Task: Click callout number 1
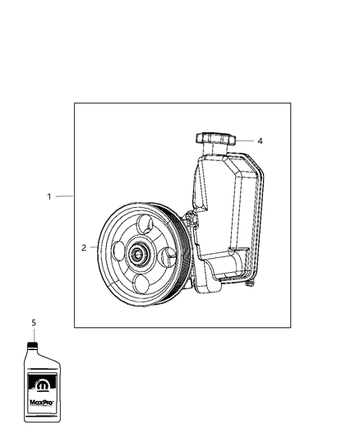pos(49,196)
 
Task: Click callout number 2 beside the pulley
pos(84,247)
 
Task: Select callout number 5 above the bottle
pos(34,323)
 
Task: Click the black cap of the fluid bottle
pos(34,343)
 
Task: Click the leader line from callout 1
pos(64,196)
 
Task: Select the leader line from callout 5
pos(34,333)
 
